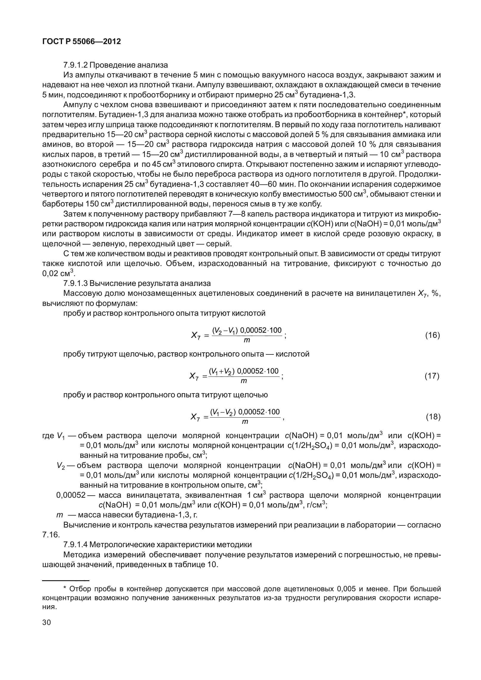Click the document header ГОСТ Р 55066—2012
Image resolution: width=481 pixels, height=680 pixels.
pos(81,42)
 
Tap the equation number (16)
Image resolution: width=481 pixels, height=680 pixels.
pos(432,335)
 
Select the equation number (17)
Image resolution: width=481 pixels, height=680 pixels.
pos(432,376)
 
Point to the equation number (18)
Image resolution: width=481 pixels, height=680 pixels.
pos(433,417)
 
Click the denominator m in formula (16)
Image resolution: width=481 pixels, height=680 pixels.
pos(247,340)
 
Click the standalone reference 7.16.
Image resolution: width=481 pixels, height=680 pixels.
pos(51,535)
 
